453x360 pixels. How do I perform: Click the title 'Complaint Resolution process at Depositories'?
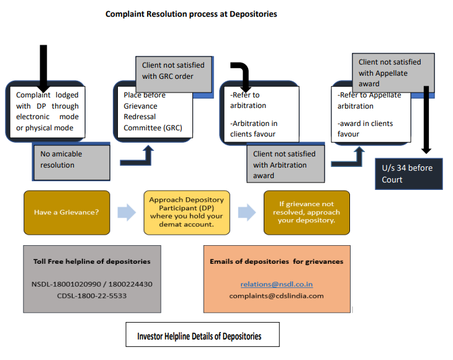[x=191, y=14]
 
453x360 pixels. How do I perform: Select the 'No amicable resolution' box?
[x=71, y=160]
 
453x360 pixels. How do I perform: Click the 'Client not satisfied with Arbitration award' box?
[x=285, y=165]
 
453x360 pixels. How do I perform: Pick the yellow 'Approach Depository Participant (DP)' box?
[x=186, y=212]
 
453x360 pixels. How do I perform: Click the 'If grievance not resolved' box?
[x=307, y=212]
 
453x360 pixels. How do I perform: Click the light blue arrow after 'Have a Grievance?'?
[x=126, y=212]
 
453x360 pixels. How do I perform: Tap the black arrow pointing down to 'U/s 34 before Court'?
[x=426, y=121]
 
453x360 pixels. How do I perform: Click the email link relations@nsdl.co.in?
[x=276, y=284]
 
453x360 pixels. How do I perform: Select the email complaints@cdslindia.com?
[x=276, y=295]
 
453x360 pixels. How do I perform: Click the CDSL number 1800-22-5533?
[x=92, y=295]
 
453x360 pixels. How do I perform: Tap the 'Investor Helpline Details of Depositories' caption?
[x=199, y=336]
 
